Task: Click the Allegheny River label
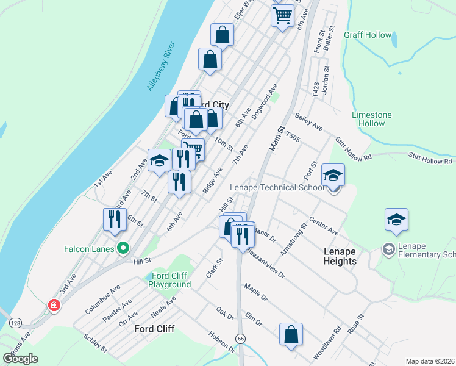(x=161, y=66)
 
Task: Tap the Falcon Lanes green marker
(x=123, y=248)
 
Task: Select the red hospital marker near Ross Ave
(x=54, y=304)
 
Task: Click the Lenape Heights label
(x=340, y=256)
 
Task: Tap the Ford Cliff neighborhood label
(x=154, y=329)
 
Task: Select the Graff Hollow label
(x=368, y=35)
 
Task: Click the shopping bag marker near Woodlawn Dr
(x=291, y=334)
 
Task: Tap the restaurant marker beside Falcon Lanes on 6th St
(x=115, y=219)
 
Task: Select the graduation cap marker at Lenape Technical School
(x=333, y=175)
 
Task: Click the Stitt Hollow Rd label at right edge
(x=430, y=159)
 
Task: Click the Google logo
(x=21, y=359)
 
